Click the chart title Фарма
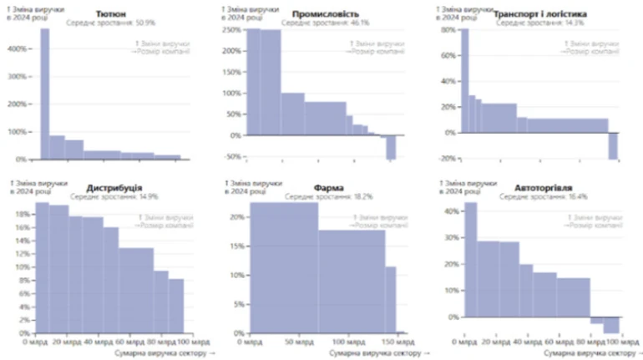325,186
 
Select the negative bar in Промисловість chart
390,147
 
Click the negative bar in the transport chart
613,145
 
